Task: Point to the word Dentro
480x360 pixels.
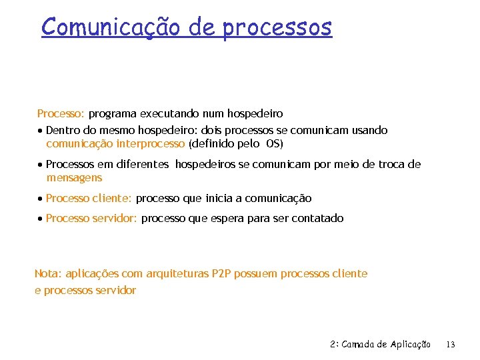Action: pyautogui.click(x=62, y=131)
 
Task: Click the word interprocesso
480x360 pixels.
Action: pyautogui.click(x=151, y=143)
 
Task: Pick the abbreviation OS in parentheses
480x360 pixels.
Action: pyautogui.click(x=273, y=143)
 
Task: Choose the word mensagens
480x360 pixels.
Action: pyautogui.click(x=74, y=178)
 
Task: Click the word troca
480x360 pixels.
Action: pyautogui.click(x=386, y=165)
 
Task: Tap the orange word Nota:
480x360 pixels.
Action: pyautogui.click(x=47, y=274)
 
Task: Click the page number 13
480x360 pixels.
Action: pyautogui.click(x=451, y=345)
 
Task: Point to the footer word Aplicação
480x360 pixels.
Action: pyautogui.click(x=409, y=345)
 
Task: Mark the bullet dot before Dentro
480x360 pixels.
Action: pyautogui.click(x=41, y=131)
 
